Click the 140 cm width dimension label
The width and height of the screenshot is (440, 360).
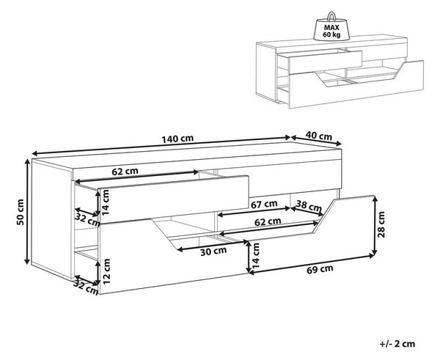177,139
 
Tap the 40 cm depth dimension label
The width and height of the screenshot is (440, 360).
318,136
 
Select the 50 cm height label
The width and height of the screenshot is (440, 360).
21,212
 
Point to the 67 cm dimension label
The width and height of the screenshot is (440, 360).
264,205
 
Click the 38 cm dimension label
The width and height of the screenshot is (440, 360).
309,206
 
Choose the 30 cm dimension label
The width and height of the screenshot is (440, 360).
213,251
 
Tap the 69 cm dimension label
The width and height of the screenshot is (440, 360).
320,269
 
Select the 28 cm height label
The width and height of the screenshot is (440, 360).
381,224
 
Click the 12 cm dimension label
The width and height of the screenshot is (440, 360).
106,271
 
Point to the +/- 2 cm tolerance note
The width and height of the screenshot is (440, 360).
397,344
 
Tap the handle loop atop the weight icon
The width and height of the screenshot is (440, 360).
331,16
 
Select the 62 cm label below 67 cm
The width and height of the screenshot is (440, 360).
268,222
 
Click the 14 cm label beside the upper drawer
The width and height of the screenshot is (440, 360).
105,202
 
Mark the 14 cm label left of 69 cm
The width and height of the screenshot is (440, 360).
256,255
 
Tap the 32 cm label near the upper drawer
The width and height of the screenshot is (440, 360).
88,219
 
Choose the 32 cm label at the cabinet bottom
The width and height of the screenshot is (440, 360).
86,288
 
